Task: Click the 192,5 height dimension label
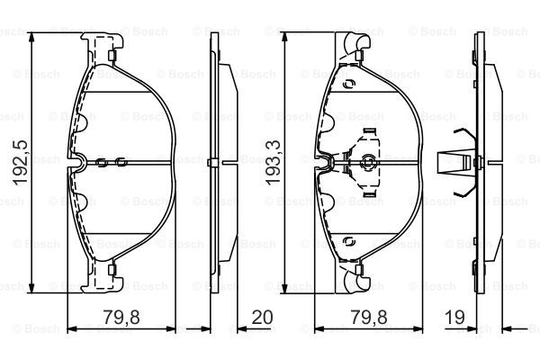point(21,163)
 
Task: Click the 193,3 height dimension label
point(274,163)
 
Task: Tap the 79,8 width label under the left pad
point(121,317)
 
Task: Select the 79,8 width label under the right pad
point(369,317)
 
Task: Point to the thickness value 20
point(262,317)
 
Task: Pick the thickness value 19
point(454,317)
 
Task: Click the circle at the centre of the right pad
point(368,161)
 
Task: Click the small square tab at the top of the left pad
point(112,55)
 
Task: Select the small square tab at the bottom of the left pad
point(112,270)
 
